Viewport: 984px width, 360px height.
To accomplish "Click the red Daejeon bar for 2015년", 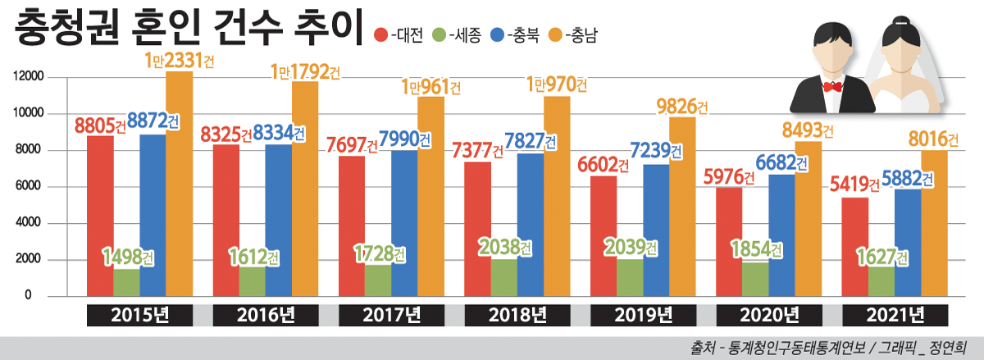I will (100, 217).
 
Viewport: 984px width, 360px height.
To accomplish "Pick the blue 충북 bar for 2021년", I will (908, 242).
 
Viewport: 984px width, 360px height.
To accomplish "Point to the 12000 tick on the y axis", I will (27, 77).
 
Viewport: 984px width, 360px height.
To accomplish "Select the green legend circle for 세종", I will (439, 35).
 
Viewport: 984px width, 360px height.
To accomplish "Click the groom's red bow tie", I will (834, 85).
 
